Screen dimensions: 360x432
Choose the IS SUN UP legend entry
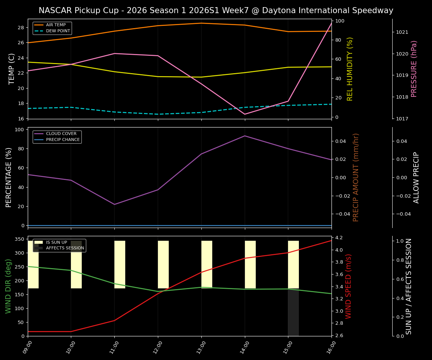point(56,243)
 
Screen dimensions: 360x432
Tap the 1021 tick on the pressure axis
point(402,32)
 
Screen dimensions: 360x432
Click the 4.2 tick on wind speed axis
point(339,238)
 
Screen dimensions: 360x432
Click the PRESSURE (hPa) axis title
point(414,69)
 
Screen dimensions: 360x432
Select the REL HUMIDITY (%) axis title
point(350,69)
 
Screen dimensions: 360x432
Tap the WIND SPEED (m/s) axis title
point(349,286)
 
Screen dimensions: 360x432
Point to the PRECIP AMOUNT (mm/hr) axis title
point(356,177)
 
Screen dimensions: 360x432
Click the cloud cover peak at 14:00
point(245,136)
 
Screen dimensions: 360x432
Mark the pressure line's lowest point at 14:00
point(245,114)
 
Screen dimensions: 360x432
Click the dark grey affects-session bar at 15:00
point(293,312)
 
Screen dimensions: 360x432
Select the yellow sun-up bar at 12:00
point(163,264)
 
